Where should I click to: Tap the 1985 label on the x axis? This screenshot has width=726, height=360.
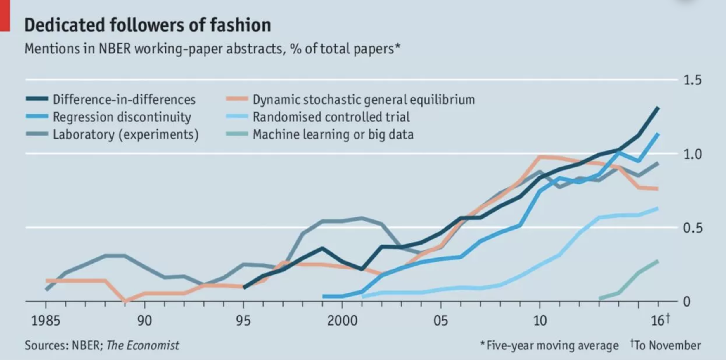(46, 321)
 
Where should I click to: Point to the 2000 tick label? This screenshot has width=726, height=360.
(342, 321)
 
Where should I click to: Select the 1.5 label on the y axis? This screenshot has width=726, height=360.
(692, 80)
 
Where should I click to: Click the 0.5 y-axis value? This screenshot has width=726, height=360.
(692, 228)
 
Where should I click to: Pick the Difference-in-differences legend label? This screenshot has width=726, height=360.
(124, 100)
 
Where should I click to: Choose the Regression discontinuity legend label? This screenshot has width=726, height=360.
(122, 117)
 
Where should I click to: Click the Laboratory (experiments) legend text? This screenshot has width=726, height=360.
(126, 135)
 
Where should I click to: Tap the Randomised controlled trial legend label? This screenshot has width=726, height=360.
(331, 117)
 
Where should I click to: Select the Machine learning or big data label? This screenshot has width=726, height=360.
(333, 135)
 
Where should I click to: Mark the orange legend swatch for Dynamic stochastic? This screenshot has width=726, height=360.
(237, 99)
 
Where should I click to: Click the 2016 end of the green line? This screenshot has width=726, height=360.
(658, 261)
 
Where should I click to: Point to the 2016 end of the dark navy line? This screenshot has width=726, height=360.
(658, 108)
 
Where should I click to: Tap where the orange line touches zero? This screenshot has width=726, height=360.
(125, 301)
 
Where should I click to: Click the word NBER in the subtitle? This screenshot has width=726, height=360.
(115, 49)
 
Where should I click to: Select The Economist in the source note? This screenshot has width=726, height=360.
(143, 345)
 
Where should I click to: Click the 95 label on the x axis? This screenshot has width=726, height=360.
(243, 321)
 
